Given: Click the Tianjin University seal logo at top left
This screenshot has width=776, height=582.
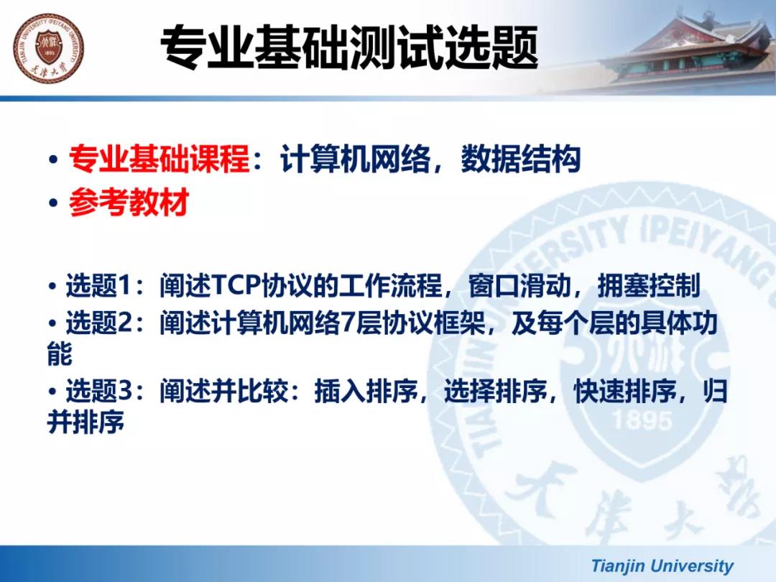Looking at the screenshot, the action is [x=49, y=49].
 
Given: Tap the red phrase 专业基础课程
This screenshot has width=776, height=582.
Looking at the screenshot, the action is [x=160, y=159].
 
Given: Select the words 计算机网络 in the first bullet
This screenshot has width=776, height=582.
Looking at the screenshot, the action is [x=355, y=159].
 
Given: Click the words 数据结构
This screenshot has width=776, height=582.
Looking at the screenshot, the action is [x=521, y=159].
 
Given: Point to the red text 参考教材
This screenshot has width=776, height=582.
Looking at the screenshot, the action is [x=129, y=202].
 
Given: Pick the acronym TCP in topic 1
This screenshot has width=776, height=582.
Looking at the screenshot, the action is [x=236, y=285].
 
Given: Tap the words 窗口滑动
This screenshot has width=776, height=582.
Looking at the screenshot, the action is [x=519, y=285].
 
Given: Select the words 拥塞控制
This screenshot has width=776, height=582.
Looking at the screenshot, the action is [x=649, y=285].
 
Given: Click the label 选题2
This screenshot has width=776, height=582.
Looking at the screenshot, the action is [x=99, y=323].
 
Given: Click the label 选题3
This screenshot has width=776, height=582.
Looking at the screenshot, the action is [x=99, y=391].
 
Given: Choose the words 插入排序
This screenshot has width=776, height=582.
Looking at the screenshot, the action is [x=366, y=391].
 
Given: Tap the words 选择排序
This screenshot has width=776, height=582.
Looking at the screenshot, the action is [x=496, y=391].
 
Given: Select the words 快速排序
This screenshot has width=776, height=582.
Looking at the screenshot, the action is [x=626, y=391].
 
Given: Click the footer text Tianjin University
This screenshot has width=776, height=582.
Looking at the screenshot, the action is [x=662, y=565].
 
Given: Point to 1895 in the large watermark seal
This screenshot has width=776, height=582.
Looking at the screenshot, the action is [x=642, y=420].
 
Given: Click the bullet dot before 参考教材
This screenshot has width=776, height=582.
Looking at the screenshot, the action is [x=53, y=203].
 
